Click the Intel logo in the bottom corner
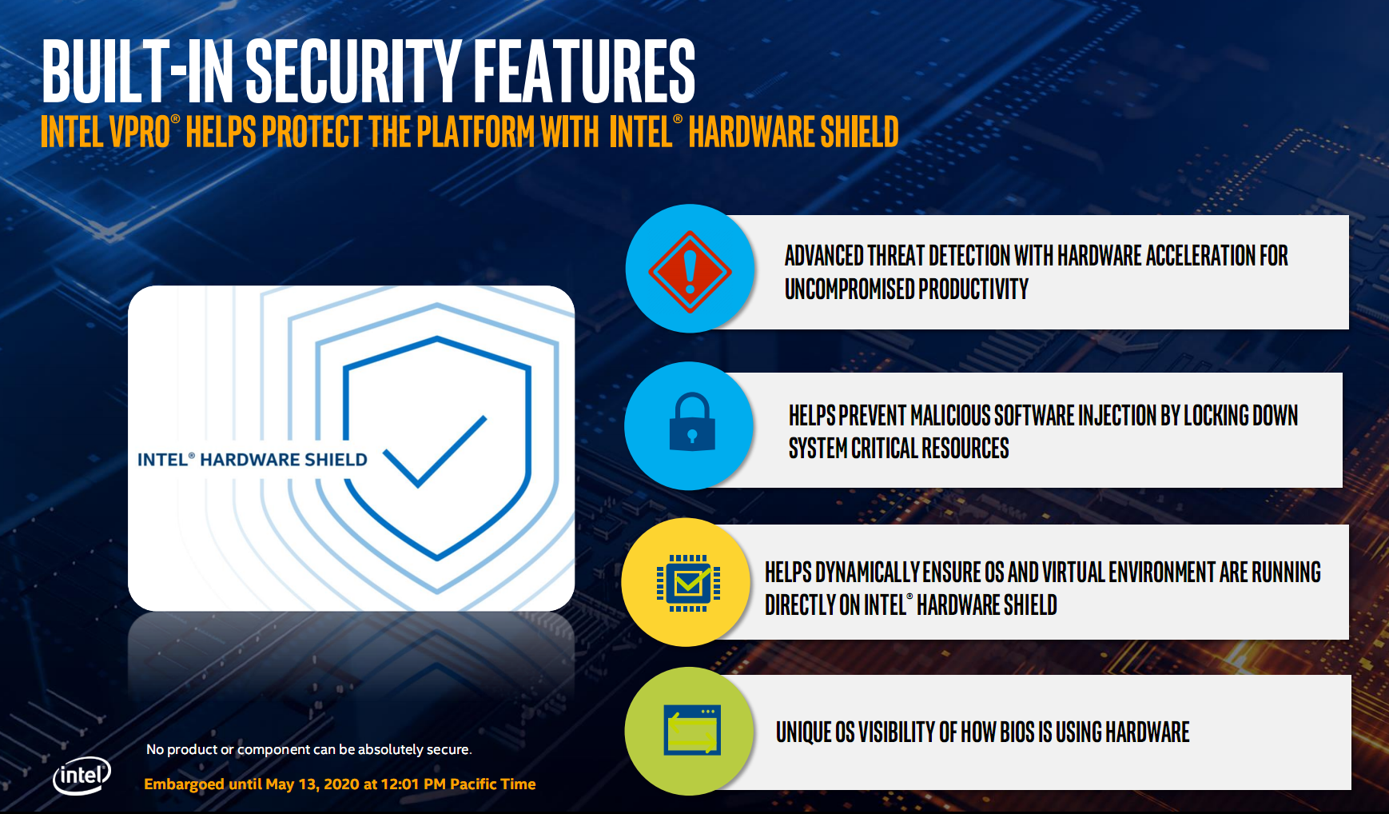(82, 776)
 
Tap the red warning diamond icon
(690, 272)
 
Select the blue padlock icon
(691, 421)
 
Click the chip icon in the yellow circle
(688, 583)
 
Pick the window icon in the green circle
(692, 730)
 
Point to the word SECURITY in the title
(352, 72)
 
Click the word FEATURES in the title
(584, 72)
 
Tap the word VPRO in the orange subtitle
(139, 132)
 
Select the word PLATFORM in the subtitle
(475, 132)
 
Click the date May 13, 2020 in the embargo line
(312, 784)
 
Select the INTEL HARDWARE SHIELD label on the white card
(252, 460)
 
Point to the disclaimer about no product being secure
(309, 749)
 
